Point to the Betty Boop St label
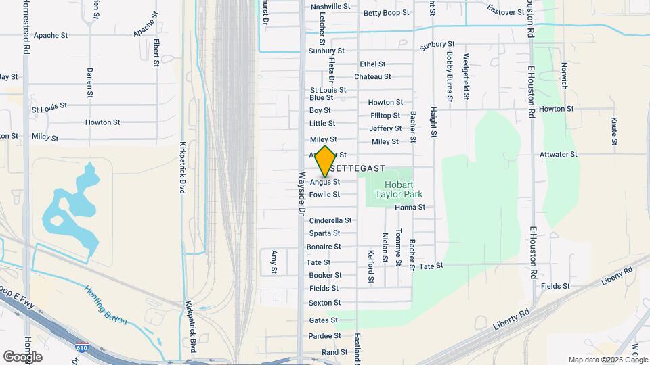click(x=387, y=13)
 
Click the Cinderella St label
click(x=330, y=220)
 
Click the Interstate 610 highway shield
click(x=81, y=346)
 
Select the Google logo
click(x=22, y=356)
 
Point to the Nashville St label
click(x=330, y=7)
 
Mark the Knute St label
click(x=614, y=131)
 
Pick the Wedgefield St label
click(x=466, y=74)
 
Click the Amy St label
click(x=274, y=262)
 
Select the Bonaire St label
click(x=324, y=247)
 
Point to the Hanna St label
click(x=410, y=208)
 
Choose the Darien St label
click(x=89, y=82)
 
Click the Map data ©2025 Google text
click(x=608, y=360)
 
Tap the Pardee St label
click(x=325, y=336)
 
